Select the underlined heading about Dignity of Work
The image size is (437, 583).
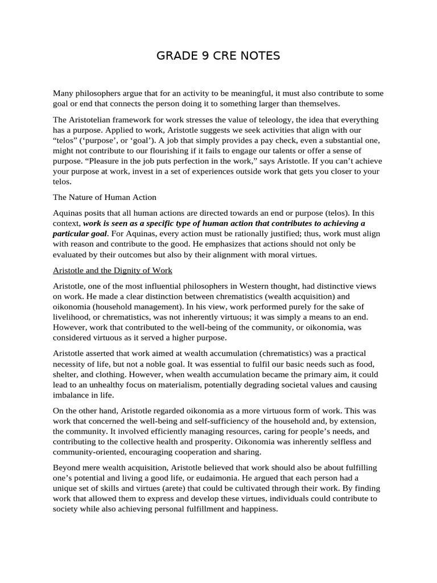(113, 270)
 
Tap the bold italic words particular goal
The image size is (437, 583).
(80, 233)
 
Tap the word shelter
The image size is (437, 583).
(67, 375)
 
